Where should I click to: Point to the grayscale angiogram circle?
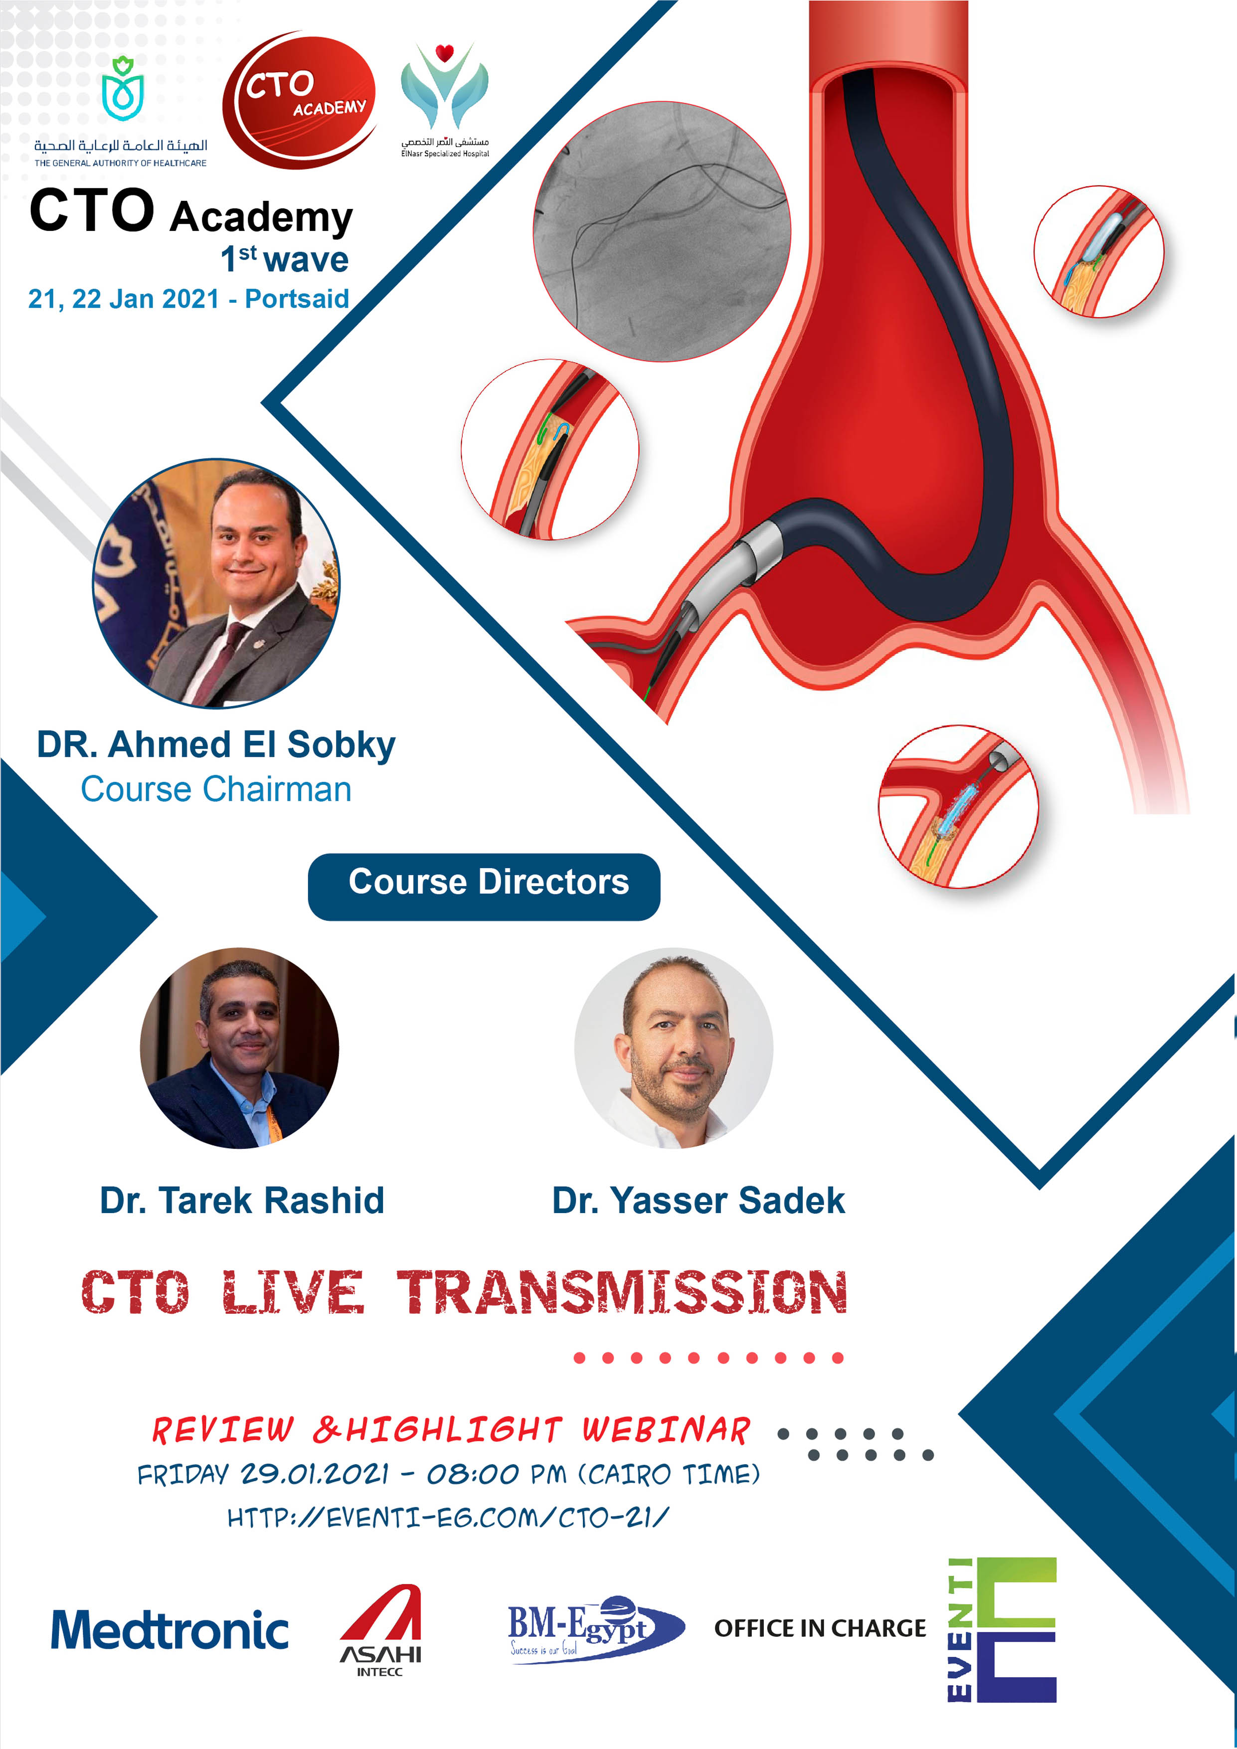tap(661, 231)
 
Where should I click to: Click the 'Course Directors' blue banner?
tap(484, 886)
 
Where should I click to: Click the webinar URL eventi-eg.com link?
tap(448, 1518)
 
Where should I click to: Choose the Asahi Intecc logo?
tap(380, 1629)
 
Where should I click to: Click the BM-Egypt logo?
tap(596, 1629)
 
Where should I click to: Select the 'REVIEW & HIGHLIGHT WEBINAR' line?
tap(451, 1430)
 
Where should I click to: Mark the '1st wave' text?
tap(284, 259)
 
